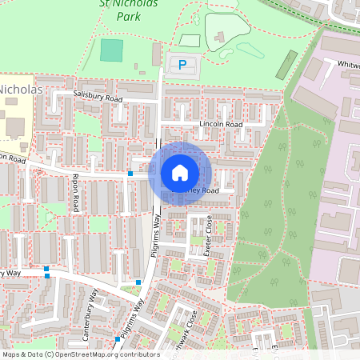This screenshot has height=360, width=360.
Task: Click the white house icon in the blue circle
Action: point(180,173)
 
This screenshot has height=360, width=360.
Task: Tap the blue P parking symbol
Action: point(182,64)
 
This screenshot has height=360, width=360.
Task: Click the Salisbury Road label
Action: point(98,95)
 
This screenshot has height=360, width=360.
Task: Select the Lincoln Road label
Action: point(221,126)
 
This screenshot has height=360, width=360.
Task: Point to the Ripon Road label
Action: point(75,193)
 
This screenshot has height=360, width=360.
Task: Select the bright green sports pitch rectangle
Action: point(113,50)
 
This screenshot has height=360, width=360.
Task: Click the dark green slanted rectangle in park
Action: point(286,65)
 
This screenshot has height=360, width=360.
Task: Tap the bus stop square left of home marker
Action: point(130,174)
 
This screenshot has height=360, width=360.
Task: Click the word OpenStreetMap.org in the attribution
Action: point(80,354)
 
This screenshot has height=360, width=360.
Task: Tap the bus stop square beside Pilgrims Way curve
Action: point(138,282)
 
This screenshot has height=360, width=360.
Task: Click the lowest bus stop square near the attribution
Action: point(118,339)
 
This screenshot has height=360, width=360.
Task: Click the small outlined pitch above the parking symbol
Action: point(189,40)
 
